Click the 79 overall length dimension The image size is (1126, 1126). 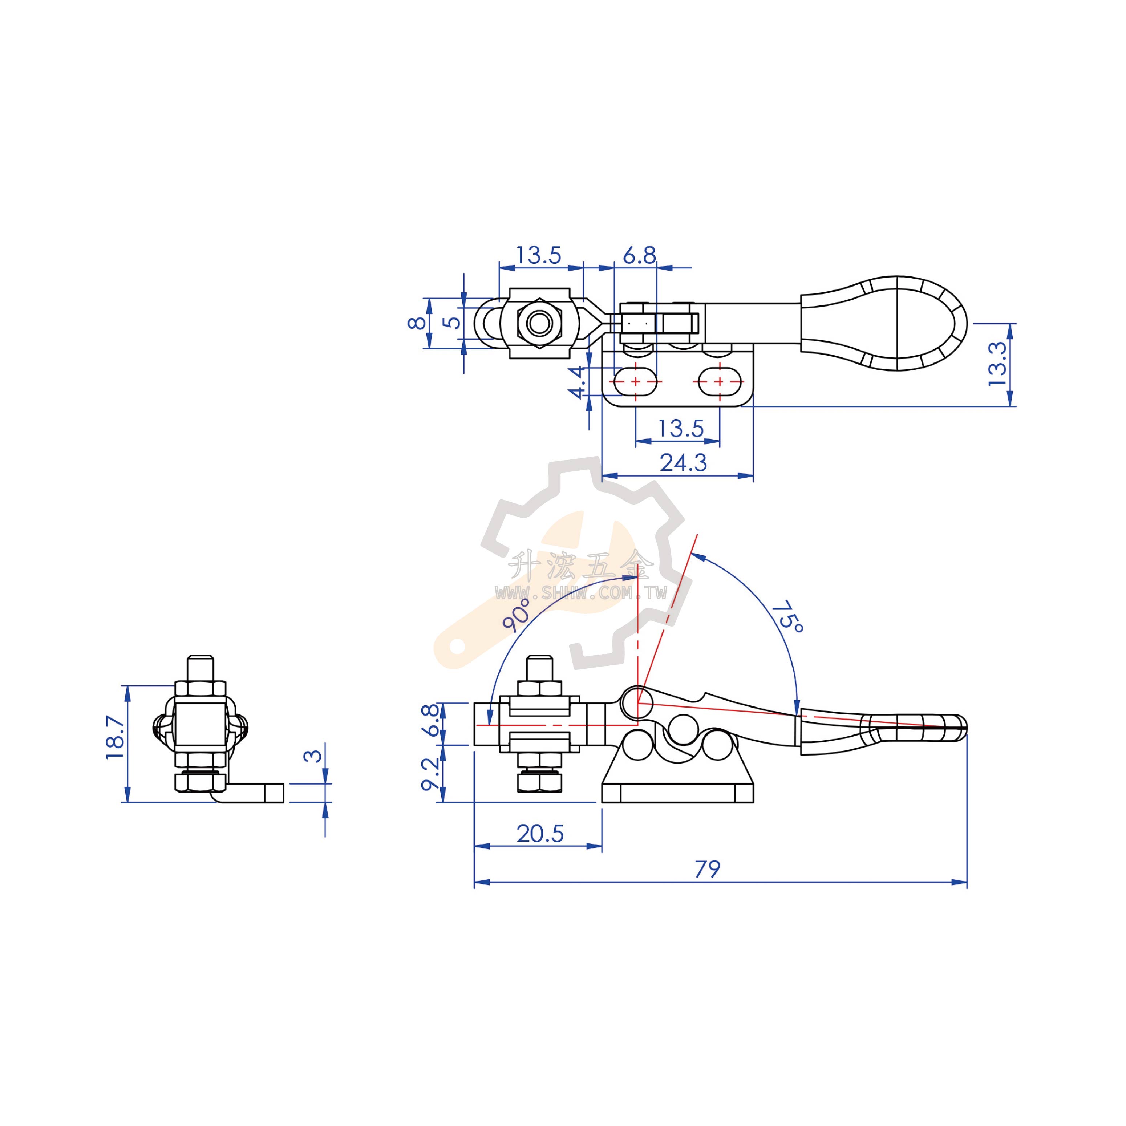[x=708, y=869]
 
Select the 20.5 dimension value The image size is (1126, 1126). [x=540, y=834]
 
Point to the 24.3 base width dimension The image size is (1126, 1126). [x=683, y=463]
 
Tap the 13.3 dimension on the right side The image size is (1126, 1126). [x=997, y=364]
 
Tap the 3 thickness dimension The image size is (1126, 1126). [x=313, y=756]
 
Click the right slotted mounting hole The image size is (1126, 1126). [x=720, y=382]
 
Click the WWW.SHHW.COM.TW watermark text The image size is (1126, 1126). [x=581, y=593]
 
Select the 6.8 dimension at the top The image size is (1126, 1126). [x=639, y=255]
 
